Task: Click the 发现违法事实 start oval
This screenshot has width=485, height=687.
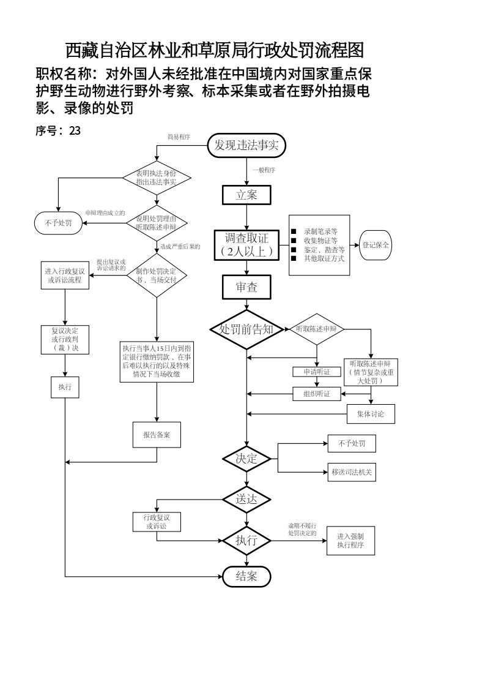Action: [x=246, y=145]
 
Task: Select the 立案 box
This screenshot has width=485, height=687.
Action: [x=246, y=195]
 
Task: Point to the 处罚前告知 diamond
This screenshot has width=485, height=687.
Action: [x=246, y=329]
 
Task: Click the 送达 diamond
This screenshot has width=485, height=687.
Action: [x=246, y=499]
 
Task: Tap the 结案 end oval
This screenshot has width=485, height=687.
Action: [x=246, y=576]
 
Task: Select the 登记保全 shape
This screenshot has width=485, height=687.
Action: [x=376, y=244]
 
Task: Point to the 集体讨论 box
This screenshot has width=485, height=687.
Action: [x=371, y=414]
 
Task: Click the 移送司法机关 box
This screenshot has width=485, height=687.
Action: [x=352, y=472]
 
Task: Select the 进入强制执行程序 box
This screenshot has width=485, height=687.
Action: [x=350, y=541]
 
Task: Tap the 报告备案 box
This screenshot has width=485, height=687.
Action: [x=157, y=434]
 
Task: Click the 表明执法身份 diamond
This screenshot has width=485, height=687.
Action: [x=157, y=178]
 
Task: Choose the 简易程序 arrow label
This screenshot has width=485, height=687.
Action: [x=179, y=137]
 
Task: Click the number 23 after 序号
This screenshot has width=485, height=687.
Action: [x=75, y=130]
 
